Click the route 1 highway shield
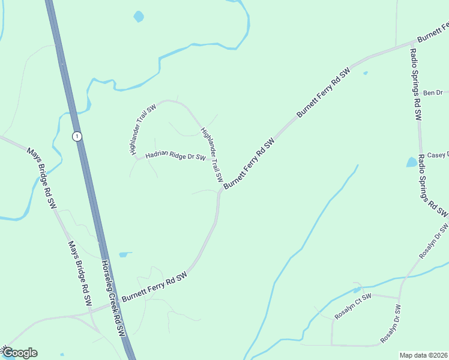point(77,136)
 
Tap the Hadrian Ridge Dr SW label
point(175,156)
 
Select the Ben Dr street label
point(432,92)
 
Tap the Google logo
point(20,353)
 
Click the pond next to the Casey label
point(412,162)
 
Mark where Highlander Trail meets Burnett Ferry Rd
point(220,191)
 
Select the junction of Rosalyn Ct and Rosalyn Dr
point(399,298)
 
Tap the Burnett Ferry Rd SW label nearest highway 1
point(155,286)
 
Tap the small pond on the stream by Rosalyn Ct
point(357,290)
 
